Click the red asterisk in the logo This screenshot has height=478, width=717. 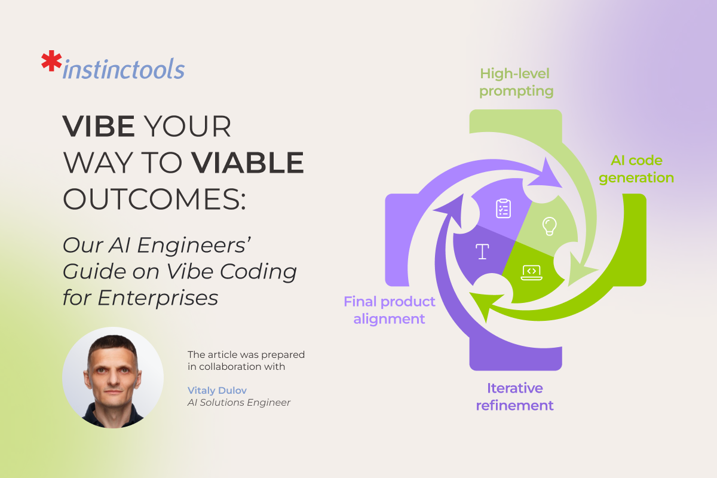click(51, 60)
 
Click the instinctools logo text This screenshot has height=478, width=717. click(124, 69)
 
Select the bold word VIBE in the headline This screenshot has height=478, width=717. click(99, 126)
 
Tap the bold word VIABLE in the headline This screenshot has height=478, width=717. click(247, 163)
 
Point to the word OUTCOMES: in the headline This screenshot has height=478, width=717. click(154, 199)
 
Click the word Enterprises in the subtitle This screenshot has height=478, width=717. click(158, 298)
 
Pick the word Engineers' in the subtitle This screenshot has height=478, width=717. click(194, 246)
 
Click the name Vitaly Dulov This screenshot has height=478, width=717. click(217, 390)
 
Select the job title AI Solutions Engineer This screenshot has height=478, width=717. click(239, 403)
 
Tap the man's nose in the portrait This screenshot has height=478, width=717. click(114, 379)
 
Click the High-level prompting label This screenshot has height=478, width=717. click(516, 82)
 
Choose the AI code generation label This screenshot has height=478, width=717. click(636, 169)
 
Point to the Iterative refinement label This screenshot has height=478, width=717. click(514, 397)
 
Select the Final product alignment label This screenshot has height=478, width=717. click(389, 310)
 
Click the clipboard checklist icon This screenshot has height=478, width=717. click(503, 209)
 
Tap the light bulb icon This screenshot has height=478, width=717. click(549, 226)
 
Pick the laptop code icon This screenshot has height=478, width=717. click(531, 272)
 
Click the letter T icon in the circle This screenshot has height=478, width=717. click(482, 252)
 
